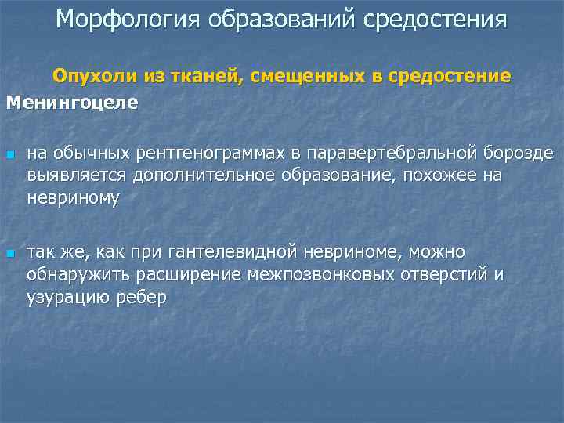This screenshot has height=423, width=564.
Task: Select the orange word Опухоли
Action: (x=93, y=77)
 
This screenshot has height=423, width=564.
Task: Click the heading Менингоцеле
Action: (x=72, y=103)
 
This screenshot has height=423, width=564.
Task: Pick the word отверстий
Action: (x=439, y=276)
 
